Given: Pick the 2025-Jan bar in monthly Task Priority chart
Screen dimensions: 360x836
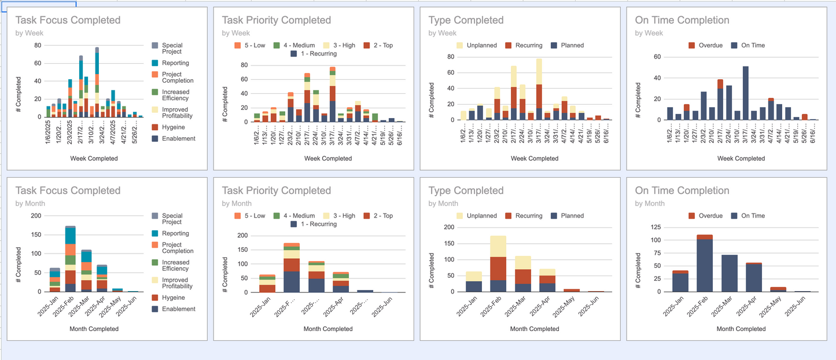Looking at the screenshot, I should click(267, 284).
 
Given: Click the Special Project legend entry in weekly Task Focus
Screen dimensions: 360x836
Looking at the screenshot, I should click(172, 49).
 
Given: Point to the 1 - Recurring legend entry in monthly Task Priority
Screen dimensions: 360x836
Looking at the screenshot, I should click(315, 224).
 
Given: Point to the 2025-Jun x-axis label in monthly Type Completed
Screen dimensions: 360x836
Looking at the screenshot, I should click(591, 307).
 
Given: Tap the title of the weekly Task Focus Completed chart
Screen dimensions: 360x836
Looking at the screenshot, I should click(68, 20).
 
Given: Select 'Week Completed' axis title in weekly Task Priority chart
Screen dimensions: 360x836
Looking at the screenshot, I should click(328, 159).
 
